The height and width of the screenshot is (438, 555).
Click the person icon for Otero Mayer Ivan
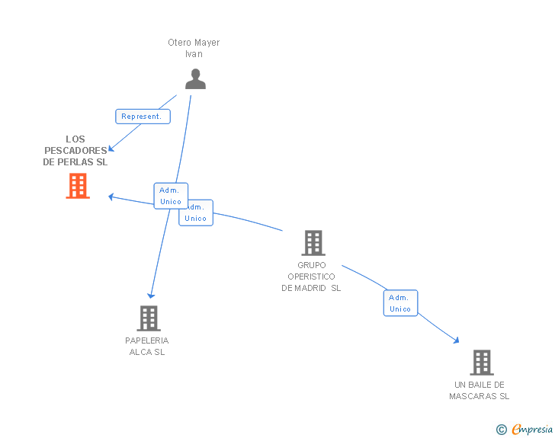195,79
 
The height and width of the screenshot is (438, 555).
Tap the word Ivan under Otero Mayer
194,54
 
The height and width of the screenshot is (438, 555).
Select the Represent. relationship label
143,117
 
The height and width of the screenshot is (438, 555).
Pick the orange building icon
78,186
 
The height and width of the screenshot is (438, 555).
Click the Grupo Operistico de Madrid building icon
313,243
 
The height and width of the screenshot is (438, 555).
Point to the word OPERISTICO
311,277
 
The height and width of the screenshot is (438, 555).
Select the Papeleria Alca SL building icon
149,318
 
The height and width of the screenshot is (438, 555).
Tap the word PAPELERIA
147,340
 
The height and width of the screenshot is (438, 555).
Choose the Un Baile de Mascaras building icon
481,363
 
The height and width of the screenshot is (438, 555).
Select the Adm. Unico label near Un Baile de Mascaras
400,303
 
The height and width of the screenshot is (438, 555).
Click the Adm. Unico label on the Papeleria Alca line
171,196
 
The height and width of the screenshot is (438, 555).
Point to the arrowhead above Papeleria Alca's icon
151,295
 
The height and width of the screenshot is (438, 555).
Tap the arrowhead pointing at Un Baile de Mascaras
456,340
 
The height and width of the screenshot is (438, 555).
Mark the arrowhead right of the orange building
111,197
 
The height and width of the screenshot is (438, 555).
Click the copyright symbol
501,430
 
